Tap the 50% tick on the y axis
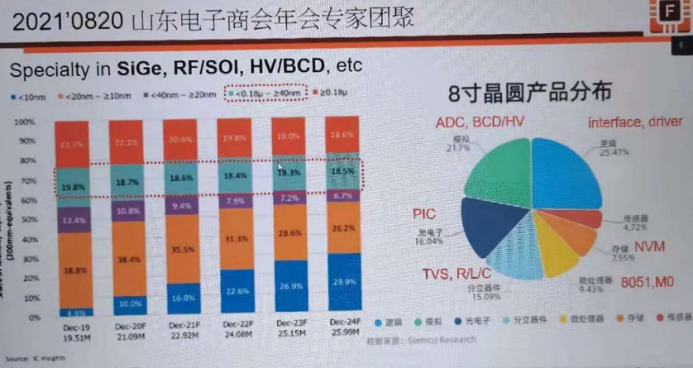click(x=37, y=219)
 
